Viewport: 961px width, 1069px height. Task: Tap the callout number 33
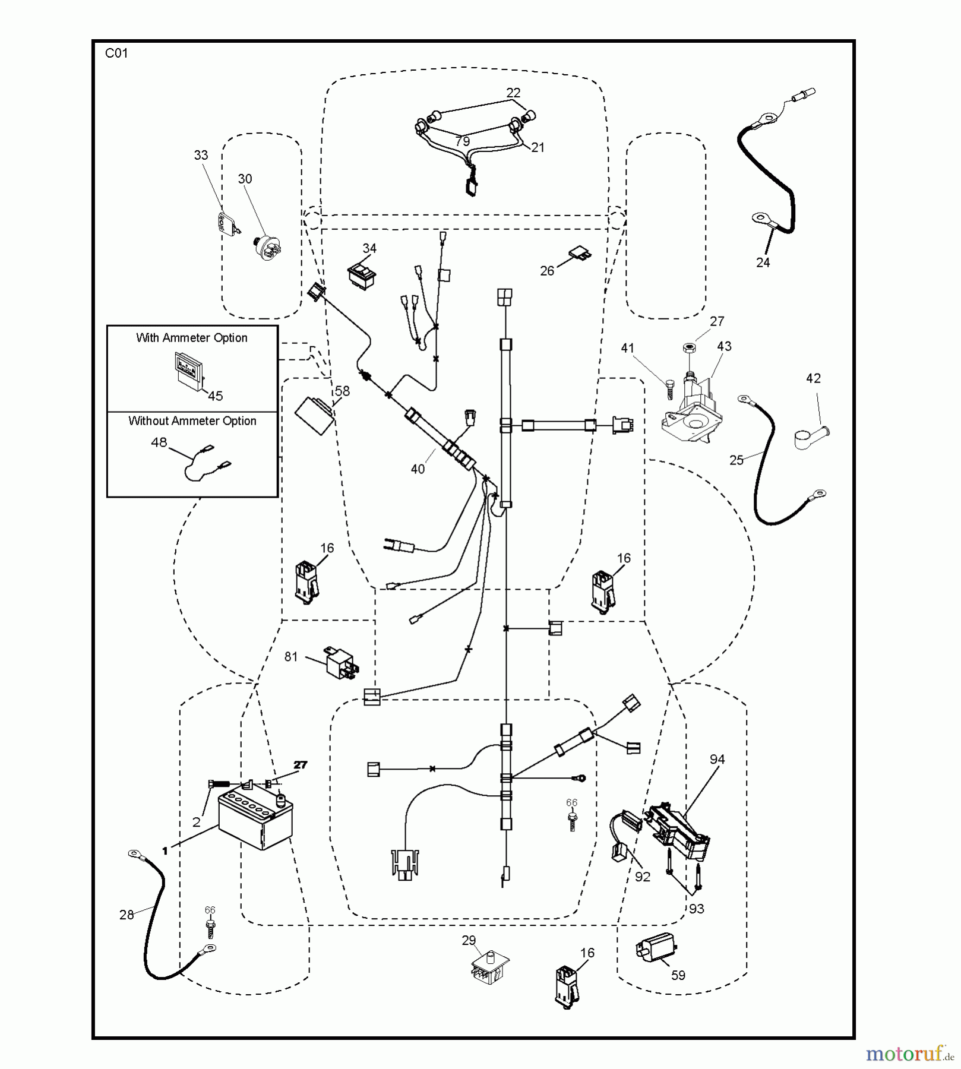coord(201,155)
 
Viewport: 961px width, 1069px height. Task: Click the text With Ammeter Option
coord(192,338)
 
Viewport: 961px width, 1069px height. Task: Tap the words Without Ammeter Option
coord(192,421)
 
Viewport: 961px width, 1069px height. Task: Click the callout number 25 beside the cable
coord(736,460)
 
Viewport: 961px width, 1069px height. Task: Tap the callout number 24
coord(763,262)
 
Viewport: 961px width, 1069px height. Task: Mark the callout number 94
coord(717,760)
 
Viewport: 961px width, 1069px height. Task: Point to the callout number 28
coord(127,915)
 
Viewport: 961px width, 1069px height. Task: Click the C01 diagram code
coord(116,53)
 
